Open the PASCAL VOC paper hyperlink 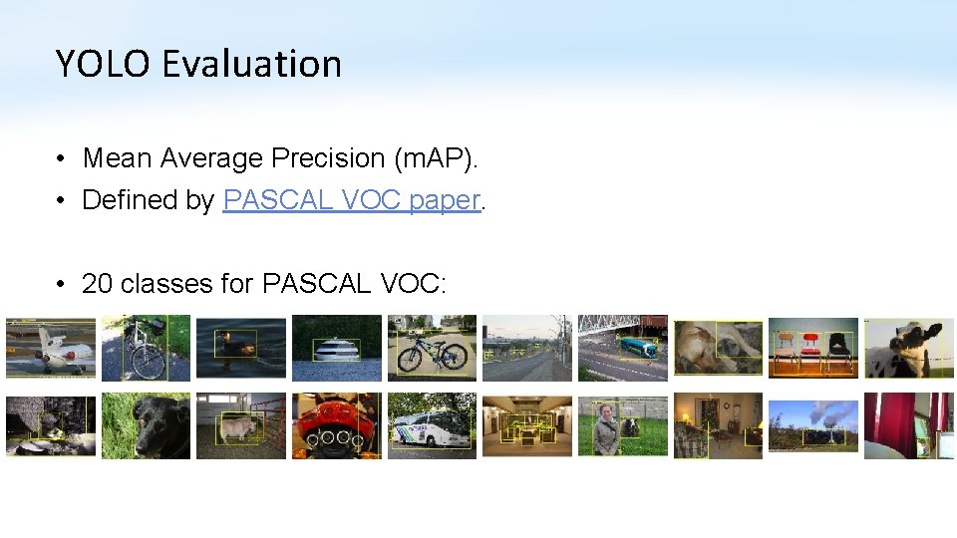[x=352, y=200]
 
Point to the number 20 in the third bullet [x=97, y=284]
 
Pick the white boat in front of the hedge [x=336, y=350]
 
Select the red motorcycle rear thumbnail [x=336, y=425]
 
